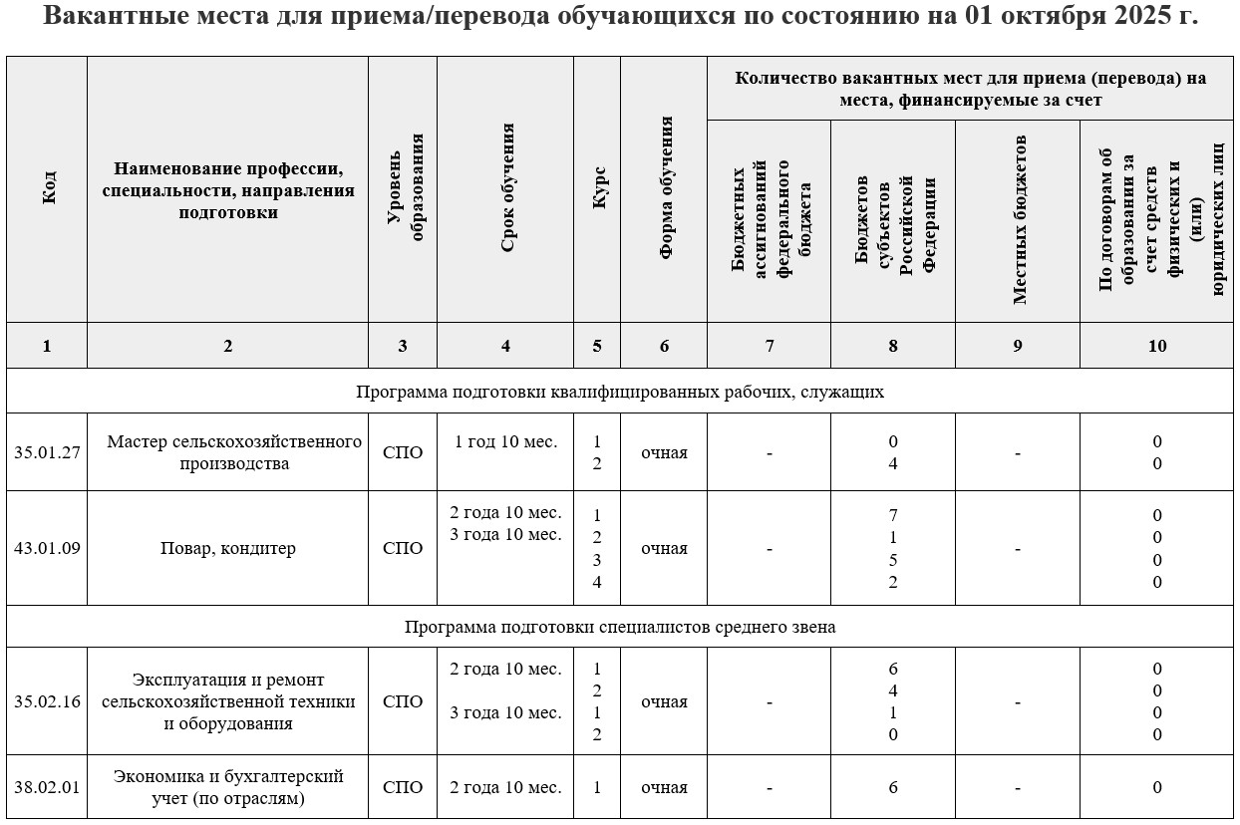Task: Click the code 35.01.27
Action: coord(47,452)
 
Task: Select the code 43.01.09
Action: coord(47,548)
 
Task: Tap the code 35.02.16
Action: coord(47,701)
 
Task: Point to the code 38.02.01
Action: coord(47,787)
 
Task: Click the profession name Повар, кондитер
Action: coord(228,548)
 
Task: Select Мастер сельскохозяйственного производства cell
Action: coord(228,452)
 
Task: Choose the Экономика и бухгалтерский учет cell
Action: coord(228,787)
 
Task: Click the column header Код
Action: coord(48,189)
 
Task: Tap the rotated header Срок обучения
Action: coord(506,189)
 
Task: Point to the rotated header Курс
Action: coord(598,189)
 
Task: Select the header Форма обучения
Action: coord(665,189)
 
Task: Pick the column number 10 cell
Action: coord(1157,346)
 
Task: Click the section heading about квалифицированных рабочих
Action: coord(620,392)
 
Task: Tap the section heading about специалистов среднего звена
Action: coord(620,627)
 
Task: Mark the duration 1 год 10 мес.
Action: coord(505,441)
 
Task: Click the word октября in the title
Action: coord(1051,18)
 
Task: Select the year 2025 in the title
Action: coord(1143,18)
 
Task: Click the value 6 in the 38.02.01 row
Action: coord(893,787)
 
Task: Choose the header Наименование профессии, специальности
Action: coord(228,189)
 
